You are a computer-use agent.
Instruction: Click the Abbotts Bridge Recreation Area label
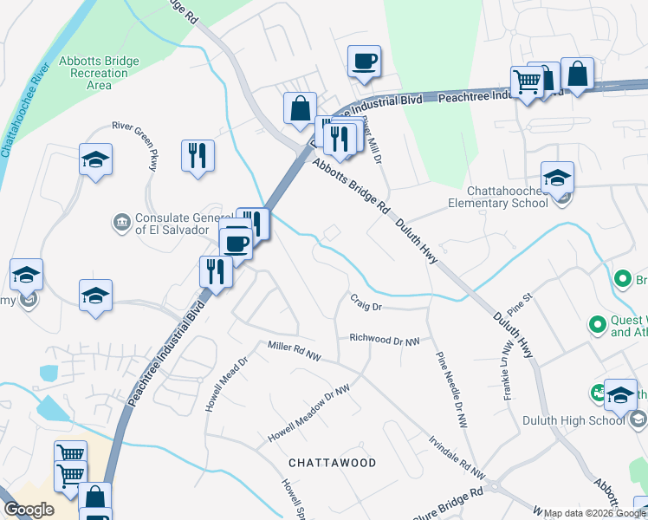pos(99,73)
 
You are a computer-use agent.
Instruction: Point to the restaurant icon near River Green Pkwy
pos(198,155)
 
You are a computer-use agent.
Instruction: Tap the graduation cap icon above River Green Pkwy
pos(96,159)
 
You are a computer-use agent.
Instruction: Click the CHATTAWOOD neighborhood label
pos(333,463)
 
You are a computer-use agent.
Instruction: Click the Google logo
pos(29,510)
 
